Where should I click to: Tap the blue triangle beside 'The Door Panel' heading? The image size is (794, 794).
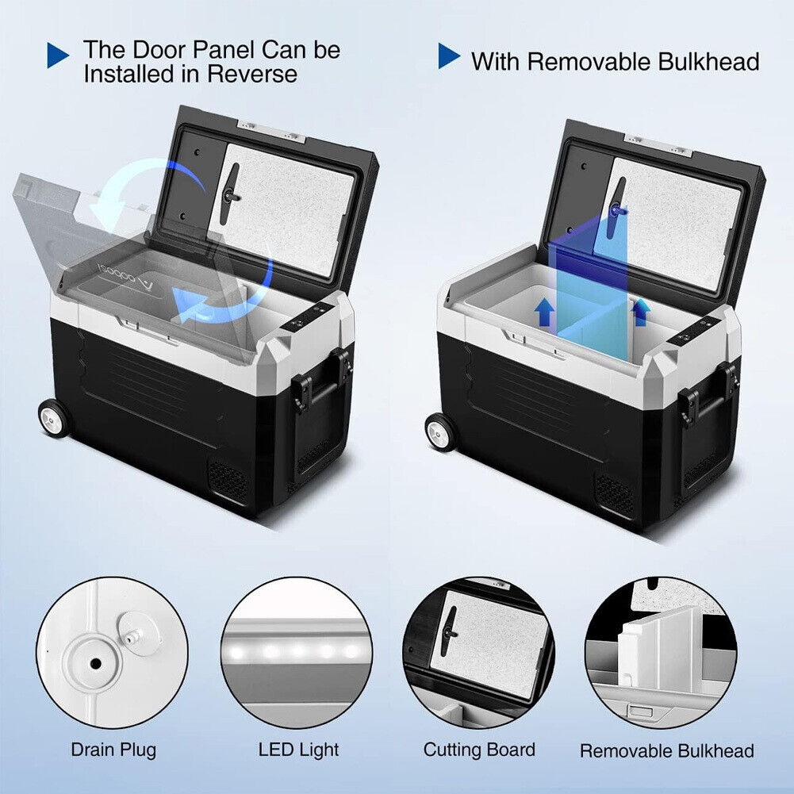pos(58,55)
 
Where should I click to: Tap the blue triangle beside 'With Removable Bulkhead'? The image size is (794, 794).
pos(449,56)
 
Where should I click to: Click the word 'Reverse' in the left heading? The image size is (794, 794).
pos(252,74)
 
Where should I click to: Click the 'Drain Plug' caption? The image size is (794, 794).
pos(113,750)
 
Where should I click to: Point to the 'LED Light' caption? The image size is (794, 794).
pos(298,750)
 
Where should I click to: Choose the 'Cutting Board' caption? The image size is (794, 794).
pos(479,750)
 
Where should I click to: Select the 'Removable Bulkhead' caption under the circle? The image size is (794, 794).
pos(667,750)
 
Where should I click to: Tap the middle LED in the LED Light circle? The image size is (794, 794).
pos(297,650)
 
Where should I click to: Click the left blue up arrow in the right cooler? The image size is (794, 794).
pos(544,312)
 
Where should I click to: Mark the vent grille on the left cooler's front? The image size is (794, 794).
pos(228,478)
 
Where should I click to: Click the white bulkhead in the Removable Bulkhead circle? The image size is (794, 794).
pos(662,648)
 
